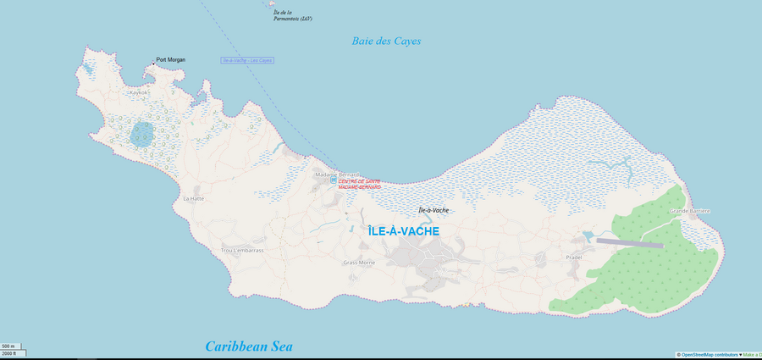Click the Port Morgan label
tap(171, 60)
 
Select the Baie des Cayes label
tap(386, 41)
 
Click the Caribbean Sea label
tap(249, 346)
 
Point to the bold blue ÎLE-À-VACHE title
tap(404, 230)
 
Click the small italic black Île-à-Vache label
tap(433, 209)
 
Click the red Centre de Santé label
tap(360, 184)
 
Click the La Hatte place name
tap(194, 198)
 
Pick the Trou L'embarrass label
tap(242, 251)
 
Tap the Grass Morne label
tap(359, 263)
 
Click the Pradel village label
tap(575, 257)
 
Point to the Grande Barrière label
tap(689, 210)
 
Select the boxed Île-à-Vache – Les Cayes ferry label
tap(246, 60)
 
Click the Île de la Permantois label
tap(292, 15)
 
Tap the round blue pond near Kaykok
tap(142, 134)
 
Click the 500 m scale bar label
tap(8, 346)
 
